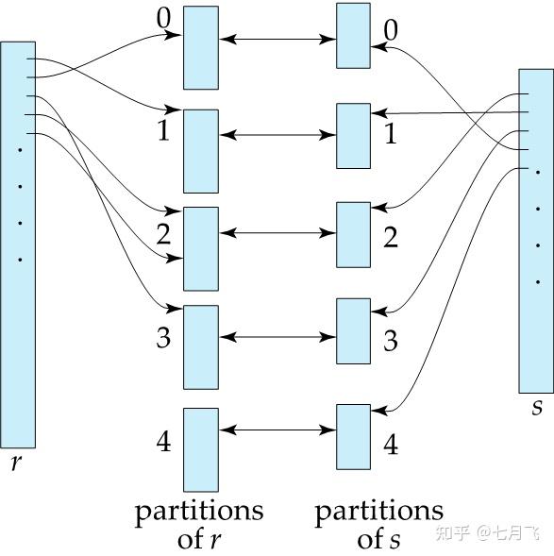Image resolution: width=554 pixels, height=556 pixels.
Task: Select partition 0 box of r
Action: tap(201, 48)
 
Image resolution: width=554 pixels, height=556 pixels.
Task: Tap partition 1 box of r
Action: tap(201, 151)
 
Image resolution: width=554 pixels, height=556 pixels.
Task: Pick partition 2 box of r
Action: tap(201, 248)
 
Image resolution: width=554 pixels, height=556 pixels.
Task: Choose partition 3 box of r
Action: tap(201, 346)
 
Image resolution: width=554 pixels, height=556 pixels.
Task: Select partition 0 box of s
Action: tap(353, 36)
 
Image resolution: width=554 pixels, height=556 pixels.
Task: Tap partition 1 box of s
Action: tap(353, 136)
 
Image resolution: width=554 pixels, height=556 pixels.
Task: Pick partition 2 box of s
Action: tap(353, 234)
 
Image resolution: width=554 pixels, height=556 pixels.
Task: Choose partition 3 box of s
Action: tap(353, 330)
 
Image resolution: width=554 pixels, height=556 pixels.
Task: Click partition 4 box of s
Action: tap(353, 436)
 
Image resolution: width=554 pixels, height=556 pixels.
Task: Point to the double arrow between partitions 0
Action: tap(277, 40)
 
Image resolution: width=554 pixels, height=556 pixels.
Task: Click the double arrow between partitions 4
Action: tap(277, 430)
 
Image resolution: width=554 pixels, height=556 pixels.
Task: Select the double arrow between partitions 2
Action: tap(277, 232)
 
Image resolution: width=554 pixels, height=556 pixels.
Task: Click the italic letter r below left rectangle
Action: tap(16, 464)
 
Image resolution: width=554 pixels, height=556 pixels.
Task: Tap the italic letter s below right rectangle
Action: tap(537, 408)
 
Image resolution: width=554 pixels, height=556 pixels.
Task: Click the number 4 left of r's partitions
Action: tap(163, 441)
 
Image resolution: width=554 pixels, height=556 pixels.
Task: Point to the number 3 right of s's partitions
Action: tap(391, 340)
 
